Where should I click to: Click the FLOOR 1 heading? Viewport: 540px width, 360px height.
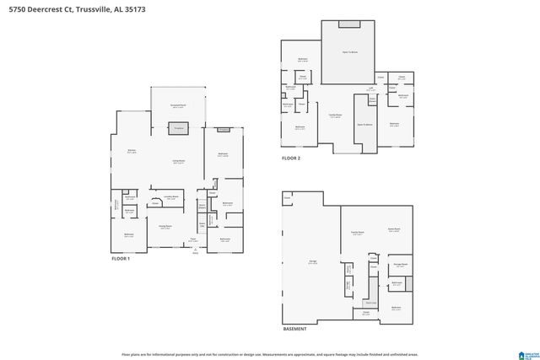(122, 259)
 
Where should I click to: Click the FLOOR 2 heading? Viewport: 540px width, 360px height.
(291, 158)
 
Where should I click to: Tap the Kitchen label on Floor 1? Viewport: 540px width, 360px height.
(132, 152)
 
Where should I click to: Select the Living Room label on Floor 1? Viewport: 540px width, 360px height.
(179, 161)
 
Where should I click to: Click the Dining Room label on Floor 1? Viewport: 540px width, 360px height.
(165, 226)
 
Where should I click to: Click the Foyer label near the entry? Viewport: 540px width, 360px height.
(193, 239)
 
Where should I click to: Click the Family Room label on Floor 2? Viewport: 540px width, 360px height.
(335, 115)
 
